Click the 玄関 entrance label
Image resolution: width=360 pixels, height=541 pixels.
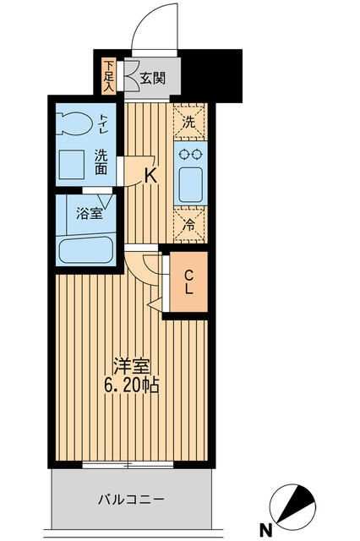click(152, 79)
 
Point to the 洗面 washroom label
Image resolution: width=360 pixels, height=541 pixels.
click(101, 162)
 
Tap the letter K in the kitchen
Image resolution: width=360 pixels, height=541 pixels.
click(150, 177)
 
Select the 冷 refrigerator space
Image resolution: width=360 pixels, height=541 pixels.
click(189, 226)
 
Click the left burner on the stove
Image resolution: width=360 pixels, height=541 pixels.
click(183, 154)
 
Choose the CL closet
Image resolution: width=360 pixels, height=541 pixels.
click(188, 282)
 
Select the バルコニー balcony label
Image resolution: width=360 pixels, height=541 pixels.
click(129, 500)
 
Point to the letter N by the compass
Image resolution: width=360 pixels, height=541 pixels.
click(265, 530)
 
